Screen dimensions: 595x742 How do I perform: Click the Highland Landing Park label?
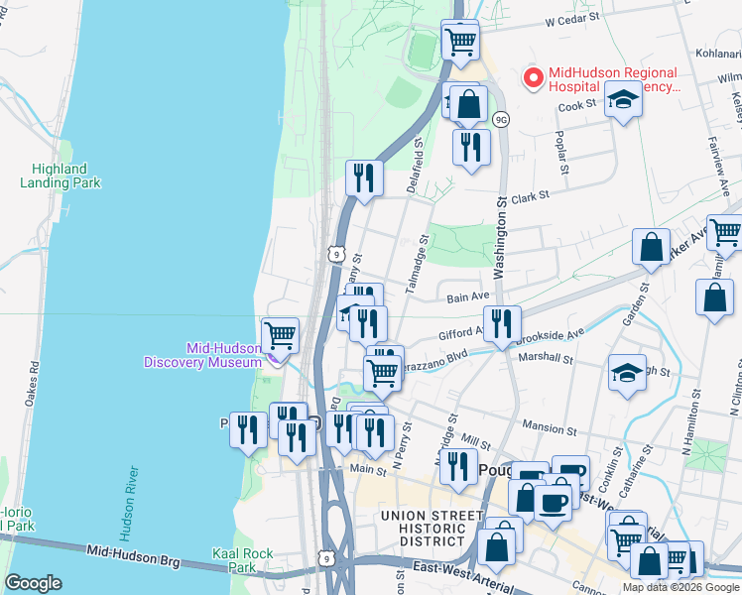(60, 176)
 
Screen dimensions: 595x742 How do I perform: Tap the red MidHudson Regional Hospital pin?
(534, 77)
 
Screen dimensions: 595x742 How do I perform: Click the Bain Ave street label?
(468, 297)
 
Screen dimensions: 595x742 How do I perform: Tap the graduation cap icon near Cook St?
(623, 100)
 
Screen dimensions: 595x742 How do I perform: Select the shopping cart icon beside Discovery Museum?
(281, 335)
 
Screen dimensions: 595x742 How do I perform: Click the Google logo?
(33, 583)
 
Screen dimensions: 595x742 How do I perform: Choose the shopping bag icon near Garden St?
(651, 248)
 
